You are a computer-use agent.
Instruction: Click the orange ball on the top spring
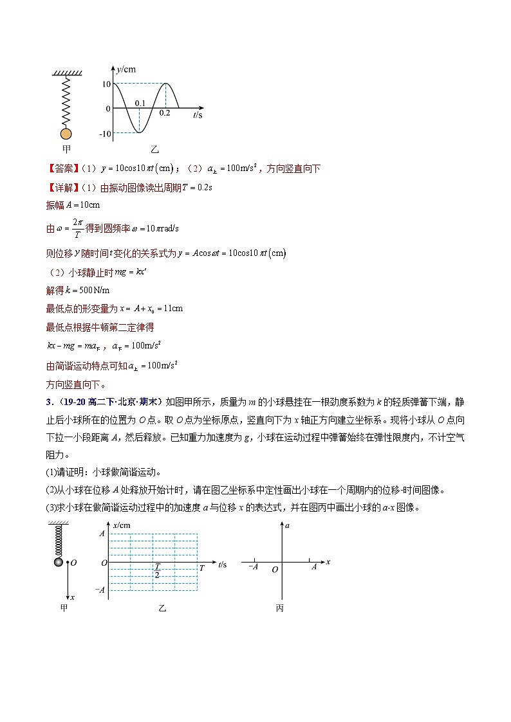click(66, 134)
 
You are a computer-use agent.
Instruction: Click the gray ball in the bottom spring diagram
click(59, 562)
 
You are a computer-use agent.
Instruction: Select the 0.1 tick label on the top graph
click(140, 103)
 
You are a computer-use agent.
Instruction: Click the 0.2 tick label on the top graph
click(165, 113)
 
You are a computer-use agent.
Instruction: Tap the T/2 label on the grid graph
click(156, 571)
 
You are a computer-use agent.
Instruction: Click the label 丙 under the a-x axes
click(280, 608)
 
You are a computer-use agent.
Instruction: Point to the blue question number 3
click(48, 402)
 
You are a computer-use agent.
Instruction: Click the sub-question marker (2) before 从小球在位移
click(51, 490)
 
